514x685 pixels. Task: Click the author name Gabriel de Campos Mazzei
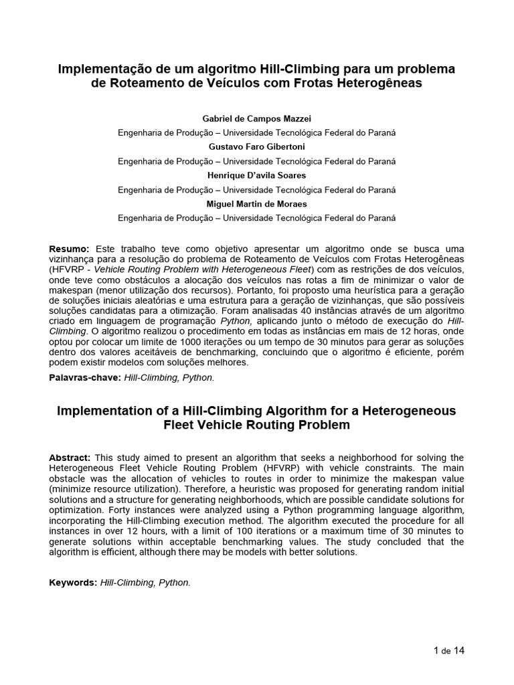click(x=256, y=118)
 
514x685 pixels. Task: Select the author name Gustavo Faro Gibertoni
click(x=256, y=146)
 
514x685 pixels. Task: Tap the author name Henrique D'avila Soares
click(x=256, y=175)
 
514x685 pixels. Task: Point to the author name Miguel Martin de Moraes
click(x=256, y=204)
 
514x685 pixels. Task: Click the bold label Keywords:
click(x=73, y=583)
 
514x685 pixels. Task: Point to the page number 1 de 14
click(x=449, y=650)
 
